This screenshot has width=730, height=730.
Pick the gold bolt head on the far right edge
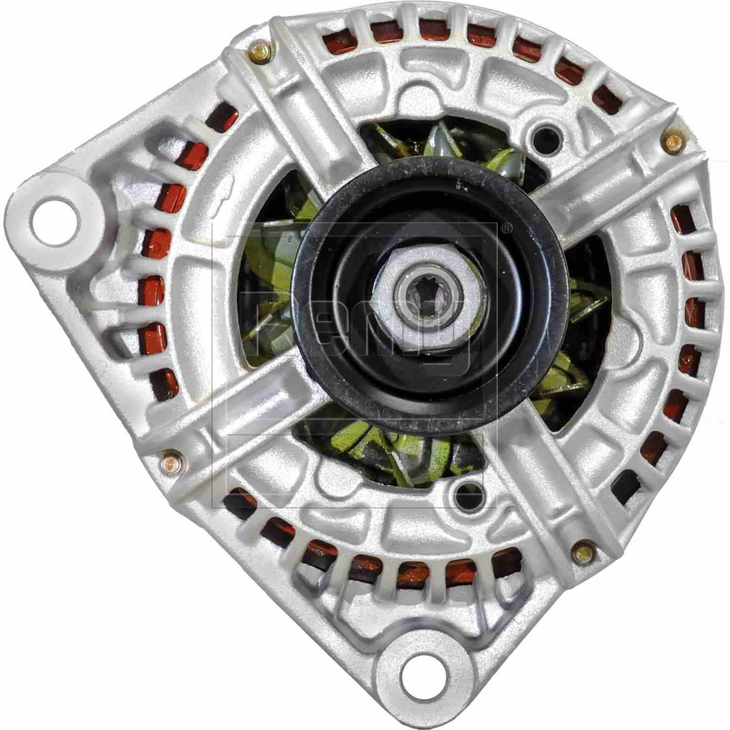point(673,142)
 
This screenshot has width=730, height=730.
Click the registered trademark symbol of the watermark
point(506,227)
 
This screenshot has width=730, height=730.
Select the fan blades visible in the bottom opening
point(389,448)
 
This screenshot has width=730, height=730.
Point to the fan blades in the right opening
point(584,316)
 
